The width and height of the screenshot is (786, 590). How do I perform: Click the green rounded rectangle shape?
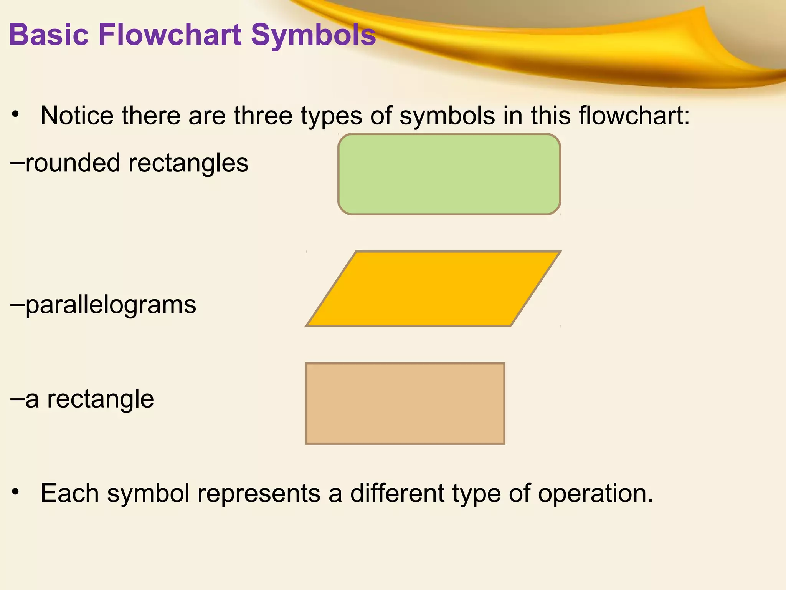click(x=449, y=174)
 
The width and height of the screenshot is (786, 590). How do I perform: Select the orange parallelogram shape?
click(x=434, y=289)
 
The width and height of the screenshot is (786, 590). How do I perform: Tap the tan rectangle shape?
click(x=405, y=403)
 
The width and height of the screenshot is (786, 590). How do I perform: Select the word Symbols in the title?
click(x=313, y=35)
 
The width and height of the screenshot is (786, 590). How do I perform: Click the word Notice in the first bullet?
click(x=77, y=116)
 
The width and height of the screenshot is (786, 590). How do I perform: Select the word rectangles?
click(x=188, y=163)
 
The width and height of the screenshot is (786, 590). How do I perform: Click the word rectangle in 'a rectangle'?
click(x=100, y=399)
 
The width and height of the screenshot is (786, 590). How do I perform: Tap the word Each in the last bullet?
click(x=69, y=493)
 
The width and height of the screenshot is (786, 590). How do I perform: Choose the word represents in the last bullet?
click(x=259, y=493)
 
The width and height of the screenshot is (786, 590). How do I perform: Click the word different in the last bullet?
click(x=397, y=493)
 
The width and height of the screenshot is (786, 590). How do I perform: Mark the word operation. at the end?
click(x=595, y=493)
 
